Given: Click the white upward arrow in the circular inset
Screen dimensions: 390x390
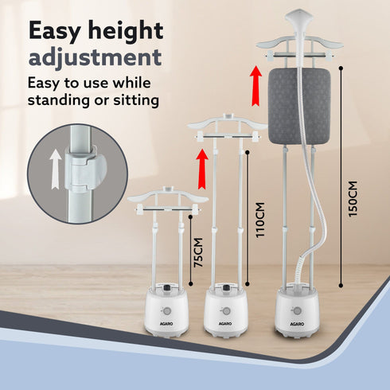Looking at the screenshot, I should (x=56, y=170).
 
